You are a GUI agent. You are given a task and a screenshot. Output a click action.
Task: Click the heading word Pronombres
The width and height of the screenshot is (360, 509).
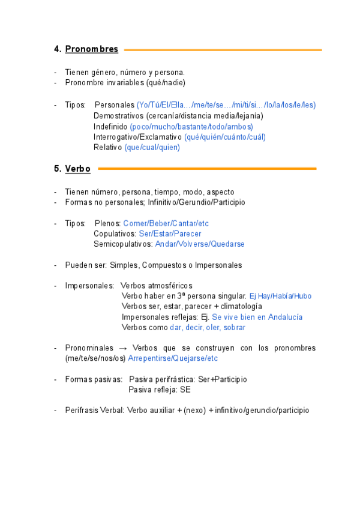(x=91, y=49)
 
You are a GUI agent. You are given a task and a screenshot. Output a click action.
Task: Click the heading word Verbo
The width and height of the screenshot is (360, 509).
(x=77, y=169)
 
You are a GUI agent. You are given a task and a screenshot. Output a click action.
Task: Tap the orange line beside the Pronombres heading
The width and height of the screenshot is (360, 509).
(x=223, y=50)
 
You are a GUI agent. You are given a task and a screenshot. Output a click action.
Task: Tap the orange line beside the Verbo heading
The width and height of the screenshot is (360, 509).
(x=207, y=169)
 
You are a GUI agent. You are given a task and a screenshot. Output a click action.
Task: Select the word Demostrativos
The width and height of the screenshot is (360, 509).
(x=118, y=116)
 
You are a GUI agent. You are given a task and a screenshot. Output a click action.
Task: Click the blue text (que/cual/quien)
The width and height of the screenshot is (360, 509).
(x=152, y=148)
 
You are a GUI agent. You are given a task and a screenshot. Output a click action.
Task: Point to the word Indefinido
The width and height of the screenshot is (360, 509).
(x=110, y=127)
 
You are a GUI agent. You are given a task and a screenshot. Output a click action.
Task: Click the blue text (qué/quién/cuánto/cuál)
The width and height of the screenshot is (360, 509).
(x=224, y=137)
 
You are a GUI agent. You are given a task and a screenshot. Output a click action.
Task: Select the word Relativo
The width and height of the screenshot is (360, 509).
(x=108, y=148)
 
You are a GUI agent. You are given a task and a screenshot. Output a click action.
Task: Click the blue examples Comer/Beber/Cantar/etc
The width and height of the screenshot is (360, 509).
(x=166, y=223)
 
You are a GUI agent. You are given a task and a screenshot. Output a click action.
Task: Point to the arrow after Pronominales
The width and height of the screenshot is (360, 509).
(x=121, y=348)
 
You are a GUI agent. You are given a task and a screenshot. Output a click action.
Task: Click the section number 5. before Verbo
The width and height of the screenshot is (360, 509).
(x=58, y=169)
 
